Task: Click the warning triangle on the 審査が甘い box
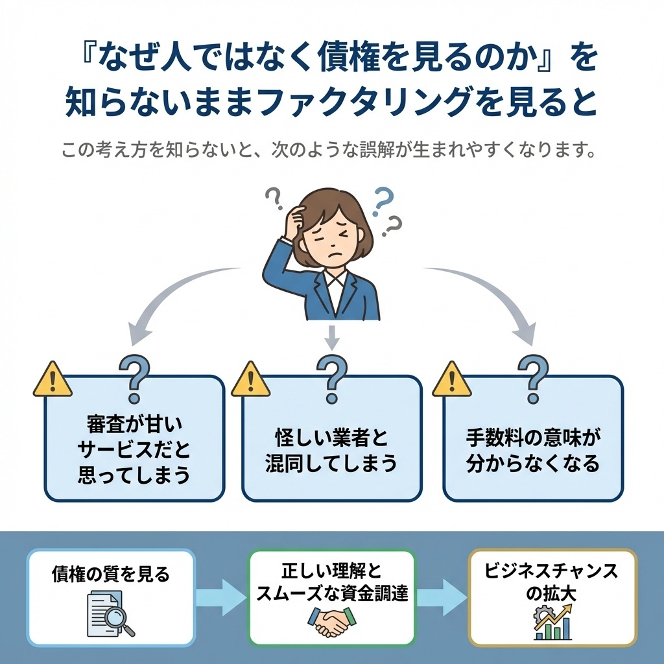53,379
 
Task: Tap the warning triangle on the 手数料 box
452,379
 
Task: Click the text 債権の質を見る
110,575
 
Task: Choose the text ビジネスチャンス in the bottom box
552,572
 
